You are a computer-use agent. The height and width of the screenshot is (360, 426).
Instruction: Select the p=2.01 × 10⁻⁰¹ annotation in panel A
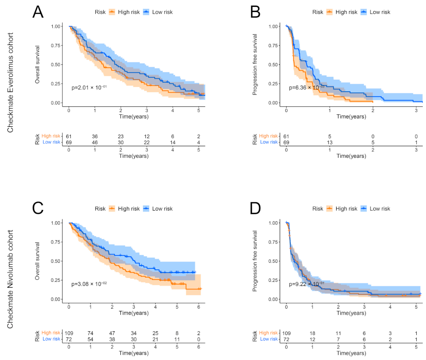click(89, 87)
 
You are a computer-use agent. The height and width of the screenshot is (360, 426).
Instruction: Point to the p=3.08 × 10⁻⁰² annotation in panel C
click(89, 284)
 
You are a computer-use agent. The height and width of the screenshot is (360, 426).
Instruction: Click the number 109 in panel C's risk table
click(69, 333)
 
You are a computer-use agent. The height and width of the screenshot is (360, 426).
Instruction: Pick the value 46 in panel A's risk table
click(94, 142)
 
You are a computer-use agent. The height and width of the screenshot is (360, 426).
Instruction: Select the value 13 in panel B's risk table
click(329, 142)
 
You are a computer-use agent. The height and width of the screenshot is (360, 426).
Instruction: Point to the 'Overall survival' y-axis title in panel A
click(38, 64)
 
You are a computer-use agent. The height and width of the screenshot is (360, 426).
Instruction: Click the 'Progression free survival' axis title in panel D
click(255, 261)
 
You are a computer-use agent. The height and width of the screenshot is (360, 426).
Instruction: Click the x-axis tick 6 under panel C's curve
click(199, 306)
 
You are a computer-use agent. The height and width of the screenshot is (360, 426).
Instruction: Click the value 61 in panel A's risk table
click(69, 136)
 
